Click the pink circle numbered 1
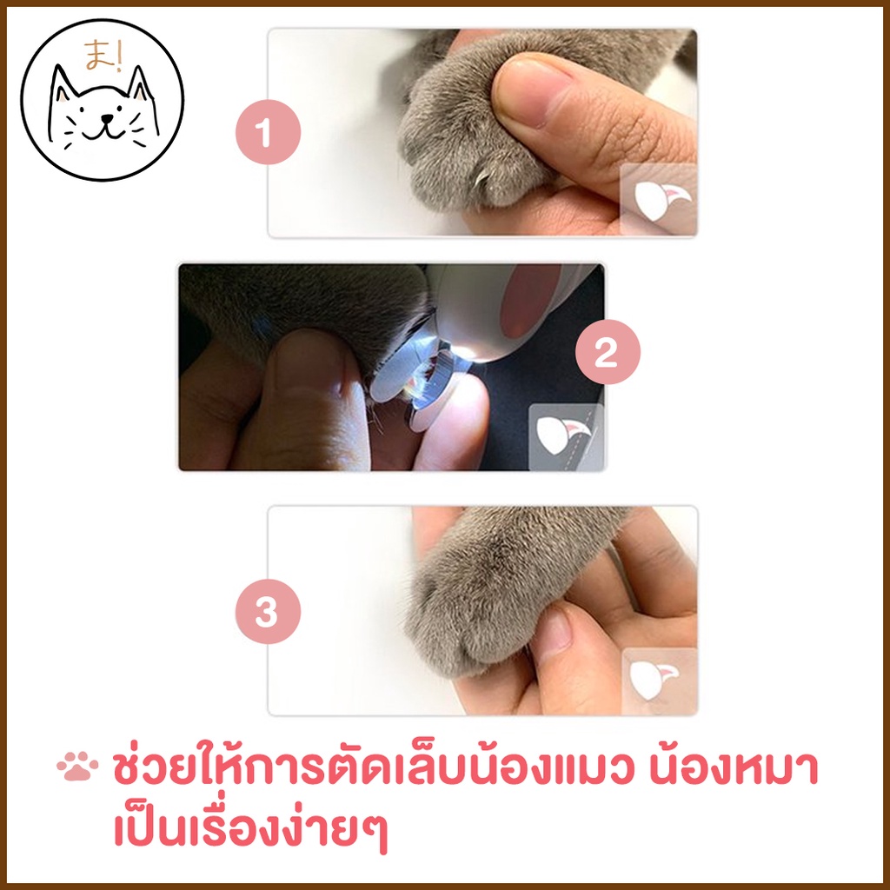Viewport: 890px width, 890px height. point(268,132)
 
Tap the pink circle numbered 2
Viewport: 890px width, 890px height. point(608,352)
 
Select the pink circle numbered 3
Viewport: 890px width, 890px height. point(268,611)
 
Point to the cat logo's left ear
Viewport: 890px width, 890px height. point(63,84)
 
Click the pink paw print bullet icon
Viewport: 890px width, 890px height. point(77,767)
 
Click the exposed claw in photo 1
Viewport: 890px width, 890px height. point(483,178)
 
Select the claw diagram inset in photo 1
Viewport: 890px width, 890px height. point(659,199)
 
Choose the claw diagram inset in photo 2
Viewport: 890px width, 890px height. point(566,436)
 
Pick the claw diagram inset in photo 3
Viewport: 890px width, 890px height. point(659,681)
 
